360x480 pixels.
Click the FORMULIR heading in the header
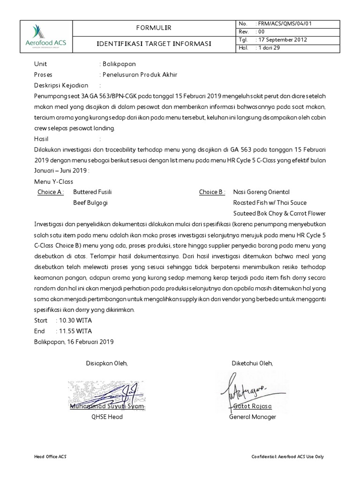tap(154, 29)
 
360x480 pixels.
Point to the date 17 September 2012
tap(282, 39)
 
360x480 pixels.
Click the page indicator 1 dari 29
tap(268, 47)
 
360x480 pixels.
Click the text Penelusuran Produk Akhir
tap(140, 75)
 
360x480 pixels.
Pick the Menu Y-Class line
tap(53, 182)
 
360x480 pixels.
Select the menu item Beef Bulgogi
tap(90, 203)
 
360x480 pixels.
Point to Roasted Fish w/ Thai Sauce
tap(270, 203)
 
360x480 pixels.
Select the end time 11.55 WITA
tap(74, 331)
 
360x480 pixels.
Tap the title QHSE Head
tap(104, 417)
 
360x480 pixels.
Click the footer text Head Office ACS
tap(50, 457)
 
